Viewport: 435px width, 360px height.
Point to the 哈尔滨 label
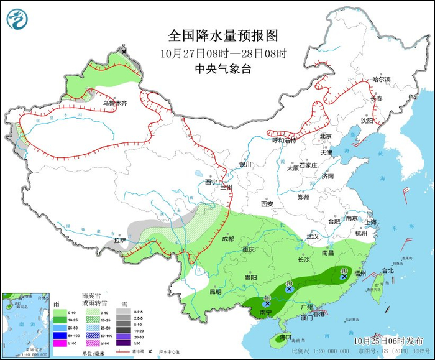tap(381, 80)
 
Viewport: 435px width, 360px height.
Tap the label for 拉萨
tap(120, 240)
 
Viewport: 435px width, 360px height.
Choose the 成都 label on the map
tap(227, 239)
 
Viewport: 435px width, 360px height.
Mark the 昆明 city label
tap(214, 291)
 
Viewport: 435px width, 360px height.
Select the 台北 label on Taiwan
tap(387, 271)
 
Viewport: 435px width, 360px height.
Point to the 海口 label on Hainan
tap(286, 337)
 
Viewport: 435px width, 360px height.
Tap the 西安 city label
tap(267, 204)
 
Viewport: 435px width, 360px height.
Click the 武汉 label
tap(312, 236)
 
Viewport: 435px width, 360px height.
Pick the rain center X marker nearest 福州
tap(343, 277)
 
